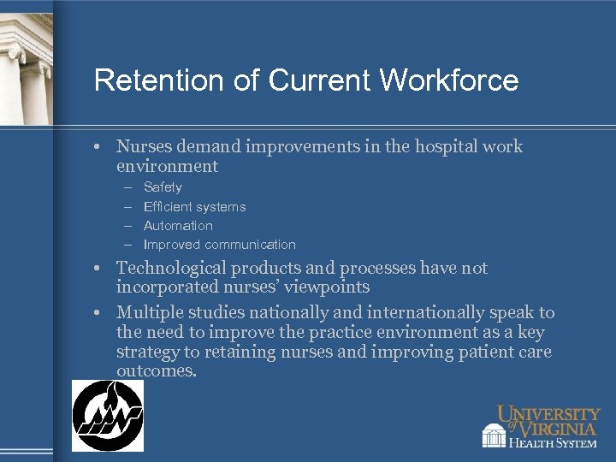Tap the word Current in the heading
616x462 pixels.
320,80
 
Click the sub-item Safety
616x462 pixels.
163,187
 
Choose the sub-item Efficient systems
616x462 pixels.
194,206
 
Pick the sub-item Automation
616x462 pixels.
178,226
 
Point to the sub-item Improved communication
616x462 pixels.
219,245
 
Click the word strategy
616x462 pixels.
147,352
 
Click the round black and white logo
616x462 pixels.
107,416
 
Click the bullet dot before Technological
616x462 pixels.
99,269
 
